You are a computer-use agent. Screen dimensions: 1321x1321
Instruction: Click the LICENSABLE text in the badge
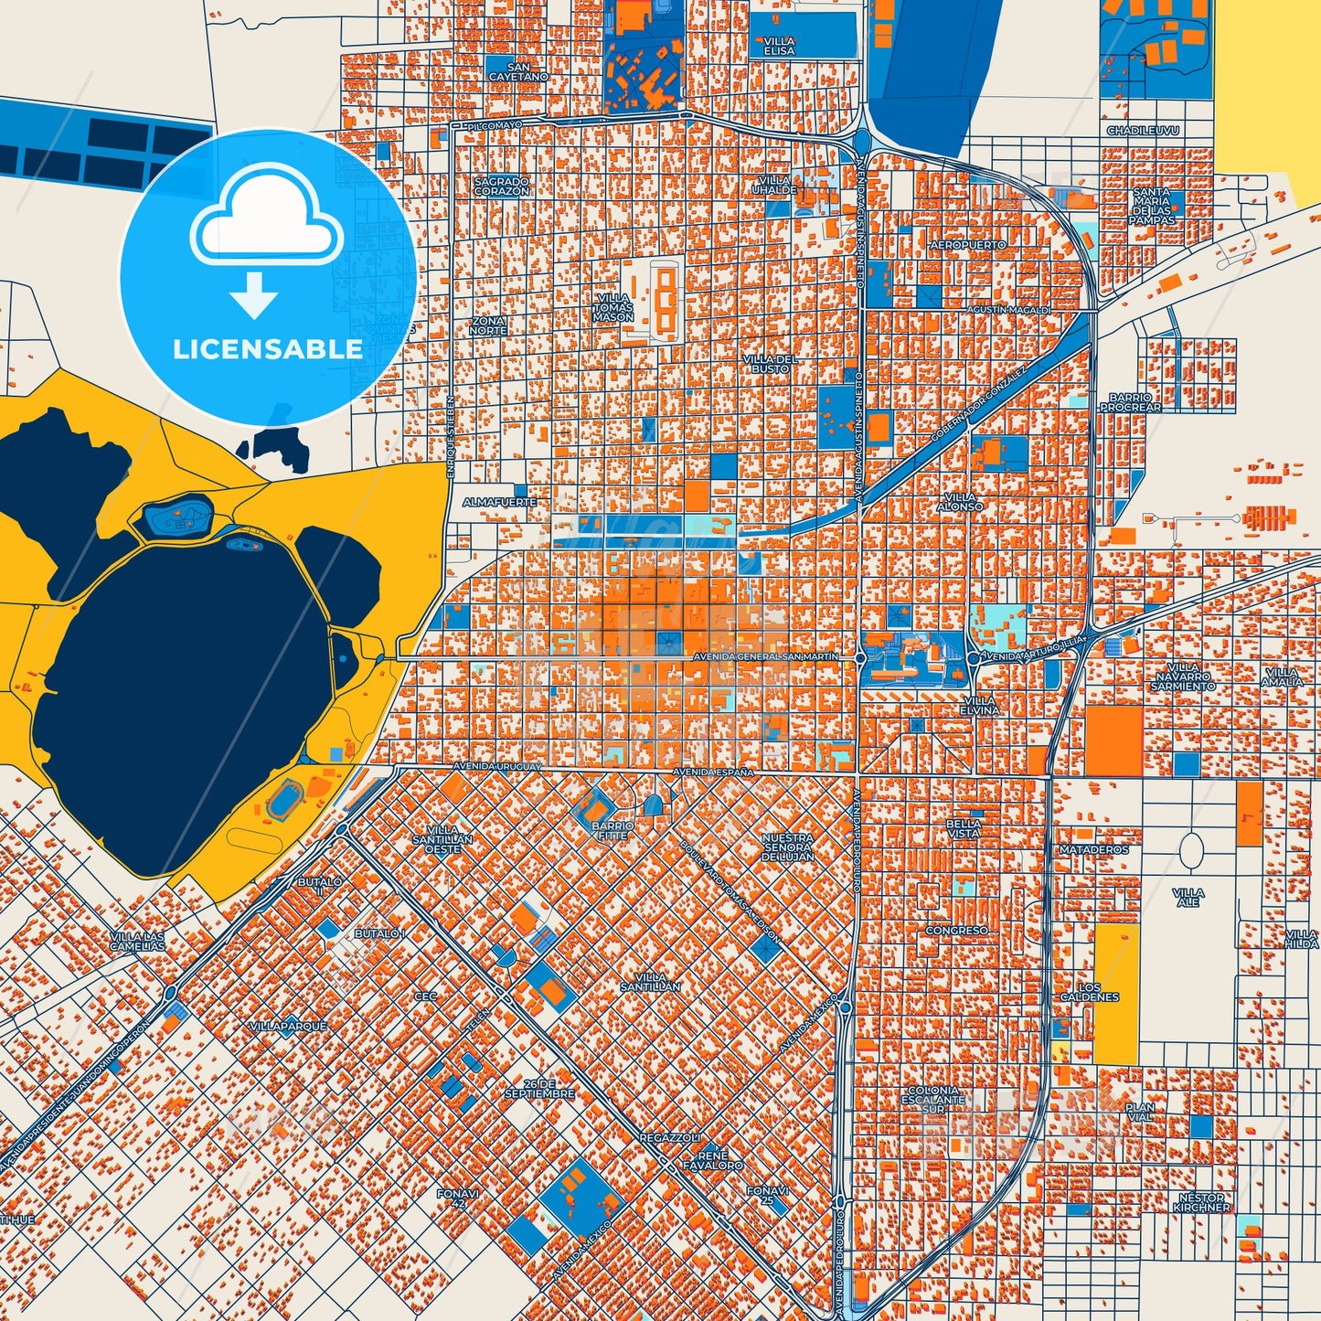point(268,349)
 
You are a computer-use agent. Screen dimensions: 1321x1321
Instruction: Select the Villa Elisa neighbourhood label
point(779,47)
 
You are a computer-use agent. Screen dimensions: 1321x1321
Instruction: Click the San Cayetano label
point(518,72)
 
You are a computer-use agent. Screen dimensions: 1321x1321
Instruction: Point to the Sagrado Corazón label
point(502,186)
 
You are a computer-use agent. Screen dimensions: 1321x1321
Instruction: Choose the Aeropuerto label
point(967,245)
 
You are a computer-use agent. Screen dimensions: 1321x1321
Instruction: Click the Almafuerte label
point(500,502)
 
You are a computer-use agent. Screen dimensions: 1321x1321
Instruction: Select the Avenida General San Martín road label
point(765,656)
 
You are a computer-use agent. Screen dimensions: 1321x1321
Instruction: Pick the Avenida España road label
point(713,772)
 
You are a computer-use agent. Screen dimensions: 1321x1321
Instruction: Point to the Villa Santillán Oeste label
point(442,839)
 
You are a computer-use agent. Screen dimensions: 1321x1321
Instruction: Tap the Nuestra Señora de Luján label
point(787,847)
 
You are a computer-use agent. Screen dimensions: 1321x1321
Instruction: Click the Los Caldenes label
point(1089,992)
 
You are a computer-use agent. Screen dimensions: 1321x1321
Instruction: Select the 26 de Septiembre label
point(540,1088)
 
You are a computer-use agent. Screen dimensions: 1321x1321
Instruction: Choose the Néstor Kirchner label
point(1202,1202)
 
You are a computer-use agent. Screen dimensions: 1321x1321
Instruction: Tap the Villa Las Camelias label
point(138,941)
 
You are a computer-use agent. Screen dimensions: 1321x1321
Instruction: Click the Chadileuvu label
point(1143,131)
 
